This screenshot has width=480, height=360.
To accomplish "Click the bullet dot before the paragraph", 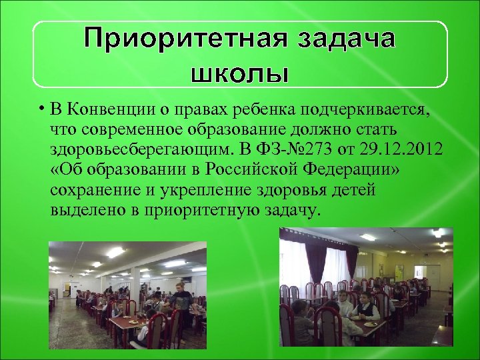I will (x=41, y=109).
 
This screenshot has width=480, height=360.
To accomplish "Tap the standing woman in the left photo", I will (x=178, y=300).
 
